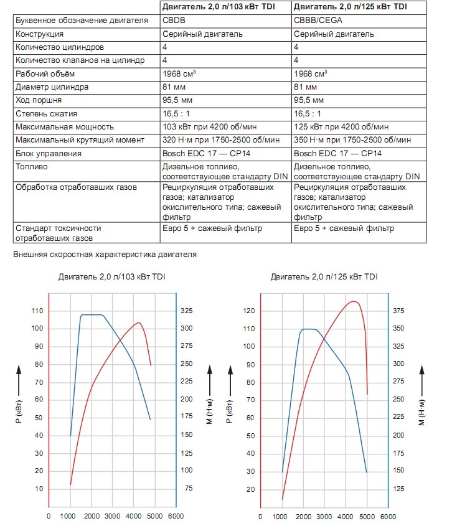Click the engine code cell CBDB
point(174,21)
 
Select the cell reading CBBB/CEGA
point(318,21)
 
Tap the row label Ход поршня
point(39,100)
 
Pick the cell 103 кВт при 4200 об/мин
point(209,127)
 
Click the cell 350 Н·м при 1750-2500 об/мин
point(352,140)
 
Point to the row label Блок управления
point(49,154)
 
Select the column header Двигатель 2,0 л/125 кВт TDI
point(351,7)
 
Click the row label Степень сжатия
point(46,114)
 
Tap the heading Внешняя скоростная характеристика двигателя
point(105,255)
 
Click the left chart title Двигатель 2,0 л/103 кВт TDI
point(111,277)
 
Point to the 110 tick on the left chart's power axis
point(37,311)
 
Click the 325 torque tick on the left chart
point(187,311)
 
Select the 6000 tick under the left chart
point(176,516)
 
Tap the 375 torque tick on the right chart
point(398,311)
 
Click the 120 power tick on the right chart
point(249,311)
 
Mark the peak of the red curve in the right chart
point(354,301)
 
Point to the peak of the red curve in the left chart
point(139,322)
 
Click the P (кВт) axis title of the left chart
point(19,411)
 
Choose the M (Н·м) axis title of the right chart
point(421,412)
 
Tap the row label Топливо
point(32,167)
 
